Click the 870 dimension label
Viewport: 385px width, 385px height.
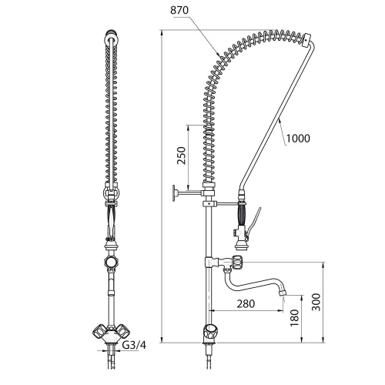pos(179,11)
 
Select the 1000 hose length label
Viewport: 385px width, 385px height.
pos(298,139)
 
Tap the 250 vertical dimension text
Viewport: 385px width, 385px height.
pos(182,156)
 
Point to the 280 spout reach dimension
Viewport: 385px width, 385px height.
pos(246,303)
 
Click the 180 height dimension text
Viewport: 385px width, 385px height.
pos(295,318)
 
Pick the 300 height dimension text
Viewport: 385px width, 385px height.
pos(316,302)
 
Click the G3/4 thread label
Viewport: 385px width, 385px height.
pos(134,345)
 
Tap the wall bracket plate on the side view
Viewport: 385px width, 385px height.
pos(175,192)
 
